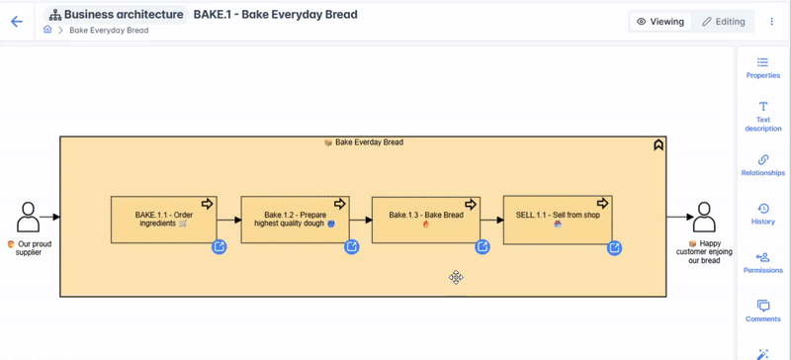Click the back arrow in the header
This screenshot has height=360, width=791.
point(17,21)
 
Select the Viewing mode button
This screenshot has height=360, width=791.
point(660,21)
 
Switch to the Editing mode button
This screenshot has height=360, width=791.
point(723,21)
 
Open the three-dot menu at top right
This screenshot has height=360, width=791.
point(772,21)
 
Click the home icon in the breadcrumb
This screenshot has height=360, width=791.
point(47,31)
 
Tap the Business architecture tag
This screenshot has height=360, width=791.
point(116,15)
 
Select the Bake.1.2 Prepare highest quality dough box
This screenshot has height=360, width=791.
point(295,219)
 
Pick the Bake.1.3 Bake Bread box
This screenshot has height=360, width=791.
point(425,219)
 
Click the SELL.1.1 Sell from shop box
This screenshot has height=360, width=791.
point(557,219)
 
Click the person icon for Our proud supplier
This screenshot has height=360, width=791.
point(28,217)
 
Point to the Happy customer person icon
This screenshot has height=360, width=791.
point(704,217)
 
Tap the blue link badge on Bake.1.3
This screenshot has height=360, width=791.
point(483,247)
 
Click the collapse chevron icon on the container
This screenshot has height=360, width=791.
point(659,145)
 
